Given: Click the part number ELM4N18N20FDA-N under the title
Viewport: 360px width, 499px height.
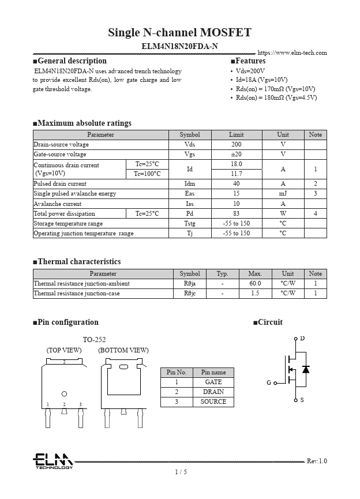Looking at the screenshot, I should pyautogui.click(x=179, y=46).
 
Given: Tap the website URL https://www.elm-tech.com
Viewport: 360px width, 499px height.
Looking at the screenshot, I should pyautogui.click(x=292, y=53).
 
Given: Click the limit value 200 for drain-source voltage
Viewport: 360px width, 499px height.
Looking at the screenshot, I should pyautogui.click(x=237, y=144).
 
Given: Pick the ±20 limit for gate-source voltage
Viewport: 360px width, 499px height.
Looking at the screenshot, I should pyautogui.click(x=237, y=154).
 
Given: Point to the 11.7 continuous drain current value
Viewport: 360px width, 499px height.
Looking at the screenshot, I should pyautogui.click(x=237, y=174).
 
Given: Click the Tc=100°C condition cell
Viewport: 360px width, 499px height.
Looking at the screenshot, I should pyautogui.click(x=147, y=174).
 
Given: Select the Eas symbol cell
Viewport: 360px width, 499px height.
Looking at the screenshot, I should pyautogui.click(x=190, y=194).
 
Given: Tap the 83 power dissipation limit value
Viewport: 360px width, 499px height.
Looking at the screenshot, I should pyautogui.click(x=237, y=213).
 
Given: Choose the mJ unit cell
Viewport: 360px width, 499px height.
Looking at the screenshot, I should pyautogui.click(x=283, y=194).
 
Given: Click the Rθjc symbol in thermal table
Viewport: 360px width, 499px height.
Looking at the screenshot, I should pyautogui.click(x=190, y=293).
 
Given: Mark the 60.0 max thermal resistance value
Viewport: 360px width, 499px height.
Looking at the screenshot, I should pyautogui.click(x=255, y=283).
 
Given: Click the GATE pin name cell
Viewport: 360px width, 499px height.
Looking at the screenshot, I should pyautogui.click(x=213, y=382).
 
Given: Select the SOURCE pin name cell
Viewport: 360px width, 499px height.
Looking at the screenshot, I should pyautogui.click(x=213, y=402).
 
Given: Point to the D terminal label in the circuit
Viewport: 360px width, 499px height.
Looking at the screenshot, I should pyautogui.click(x=302, y=338).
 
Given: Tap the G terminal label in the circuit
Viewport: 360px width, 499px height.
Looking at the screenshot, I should pyautogui.click(x=269, y=382).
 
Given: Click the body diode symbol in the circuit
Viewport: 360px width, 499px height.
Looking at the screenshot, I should pyautogui.click(x=306, y=369).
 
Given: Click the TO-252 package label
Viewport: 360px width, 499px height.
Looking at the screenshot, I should pyautogui.click(x=94, y=340).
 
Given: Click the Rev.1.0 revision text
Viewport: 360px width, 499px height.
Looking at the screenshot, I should pyautogui.click(x=316, y=460).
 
